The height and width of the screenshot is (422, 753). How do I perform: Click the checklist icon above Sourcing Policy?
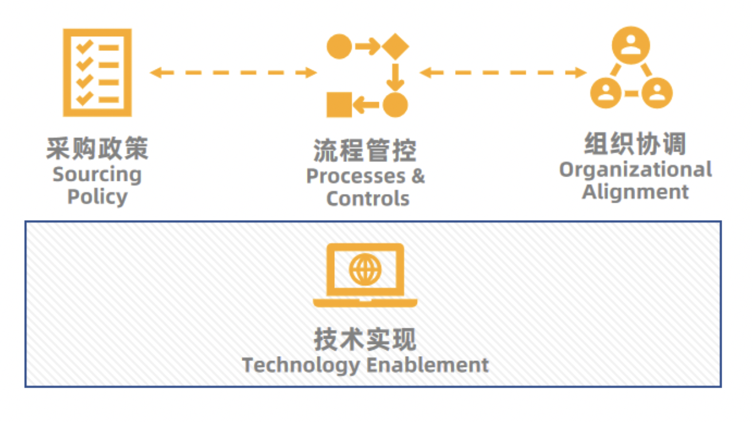point(97,72)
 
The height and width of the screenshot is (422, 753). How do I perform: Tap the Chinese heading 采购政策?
point(97,149)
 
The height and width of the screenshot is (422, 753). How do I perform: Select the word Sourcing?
point(97,175)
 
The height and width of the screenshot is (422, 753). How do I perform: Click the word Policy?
point(97,197)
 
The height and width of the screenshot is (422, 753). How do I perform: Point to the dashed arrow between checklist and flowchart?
point(233,73)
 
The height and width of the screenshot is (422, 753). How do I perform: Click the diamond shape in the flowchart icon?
point(396,47)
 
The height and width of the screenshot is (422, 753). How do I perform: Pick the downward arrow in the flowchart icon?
point(396,76)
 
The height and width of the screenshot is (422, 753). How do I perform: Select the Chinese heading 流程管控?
point(365,151)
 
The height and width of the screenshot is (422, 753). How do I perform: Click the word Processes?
point(355,177)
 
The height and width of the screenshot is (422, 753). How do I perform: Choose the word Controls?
point(367,199)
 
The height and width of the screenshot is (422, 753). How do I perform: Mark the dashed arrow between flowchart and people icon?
point(503,73)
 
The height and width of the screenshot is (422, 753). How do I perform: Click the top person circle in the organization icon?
point(630,45)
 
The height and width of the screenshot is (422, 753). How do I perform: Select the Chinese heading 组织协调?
point(635,145)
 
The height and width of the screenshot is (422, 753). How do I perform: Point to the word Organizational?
point(635,170)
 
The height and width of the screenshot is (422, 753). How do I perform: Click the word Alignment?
point(635,192)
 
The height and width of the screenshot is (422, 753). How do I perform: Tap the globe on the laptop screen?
point(365,269)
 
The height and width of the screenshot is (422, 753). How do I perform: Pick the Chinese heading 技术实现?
point(365,340)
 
